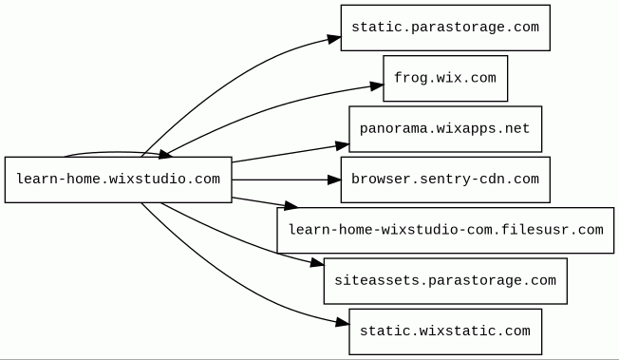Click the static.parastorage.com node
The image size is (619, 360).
pos(445,28)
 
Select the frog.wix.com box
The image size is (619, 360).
pos(445,78)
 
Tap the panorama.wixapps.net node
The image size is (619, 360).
pos(445,129)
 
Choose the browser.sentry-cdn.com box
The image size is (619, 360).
pos(445,180)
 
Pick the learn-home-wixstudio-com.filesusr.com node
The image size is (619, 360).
pos(445,231)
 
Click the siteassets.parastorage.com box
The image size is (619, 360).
pos(445,281)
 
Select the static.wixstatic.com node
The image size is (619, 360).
pos(445,332)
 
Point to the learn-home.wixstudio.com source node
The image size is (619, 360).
pos(118,180)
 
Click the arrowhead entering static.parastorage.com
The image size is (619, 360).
pos(334,39)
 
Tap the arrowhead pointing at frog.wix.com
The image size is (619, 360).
pos(377,85)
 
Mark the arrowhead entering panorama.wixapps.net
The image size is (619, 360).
pos(343,145)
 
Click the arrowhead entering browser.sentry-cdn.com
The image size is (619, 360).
pos(334,180)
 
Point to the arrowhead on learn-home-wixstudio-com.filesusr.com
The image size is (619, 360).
pos(291,205)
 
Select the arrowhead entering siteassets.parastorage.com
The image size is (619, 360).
pos(317,263)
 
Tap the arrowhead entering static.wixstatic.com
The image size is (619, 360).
pos(343,323)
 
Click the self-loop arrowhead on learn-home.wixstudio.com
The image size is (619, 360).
pos(165,155)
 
